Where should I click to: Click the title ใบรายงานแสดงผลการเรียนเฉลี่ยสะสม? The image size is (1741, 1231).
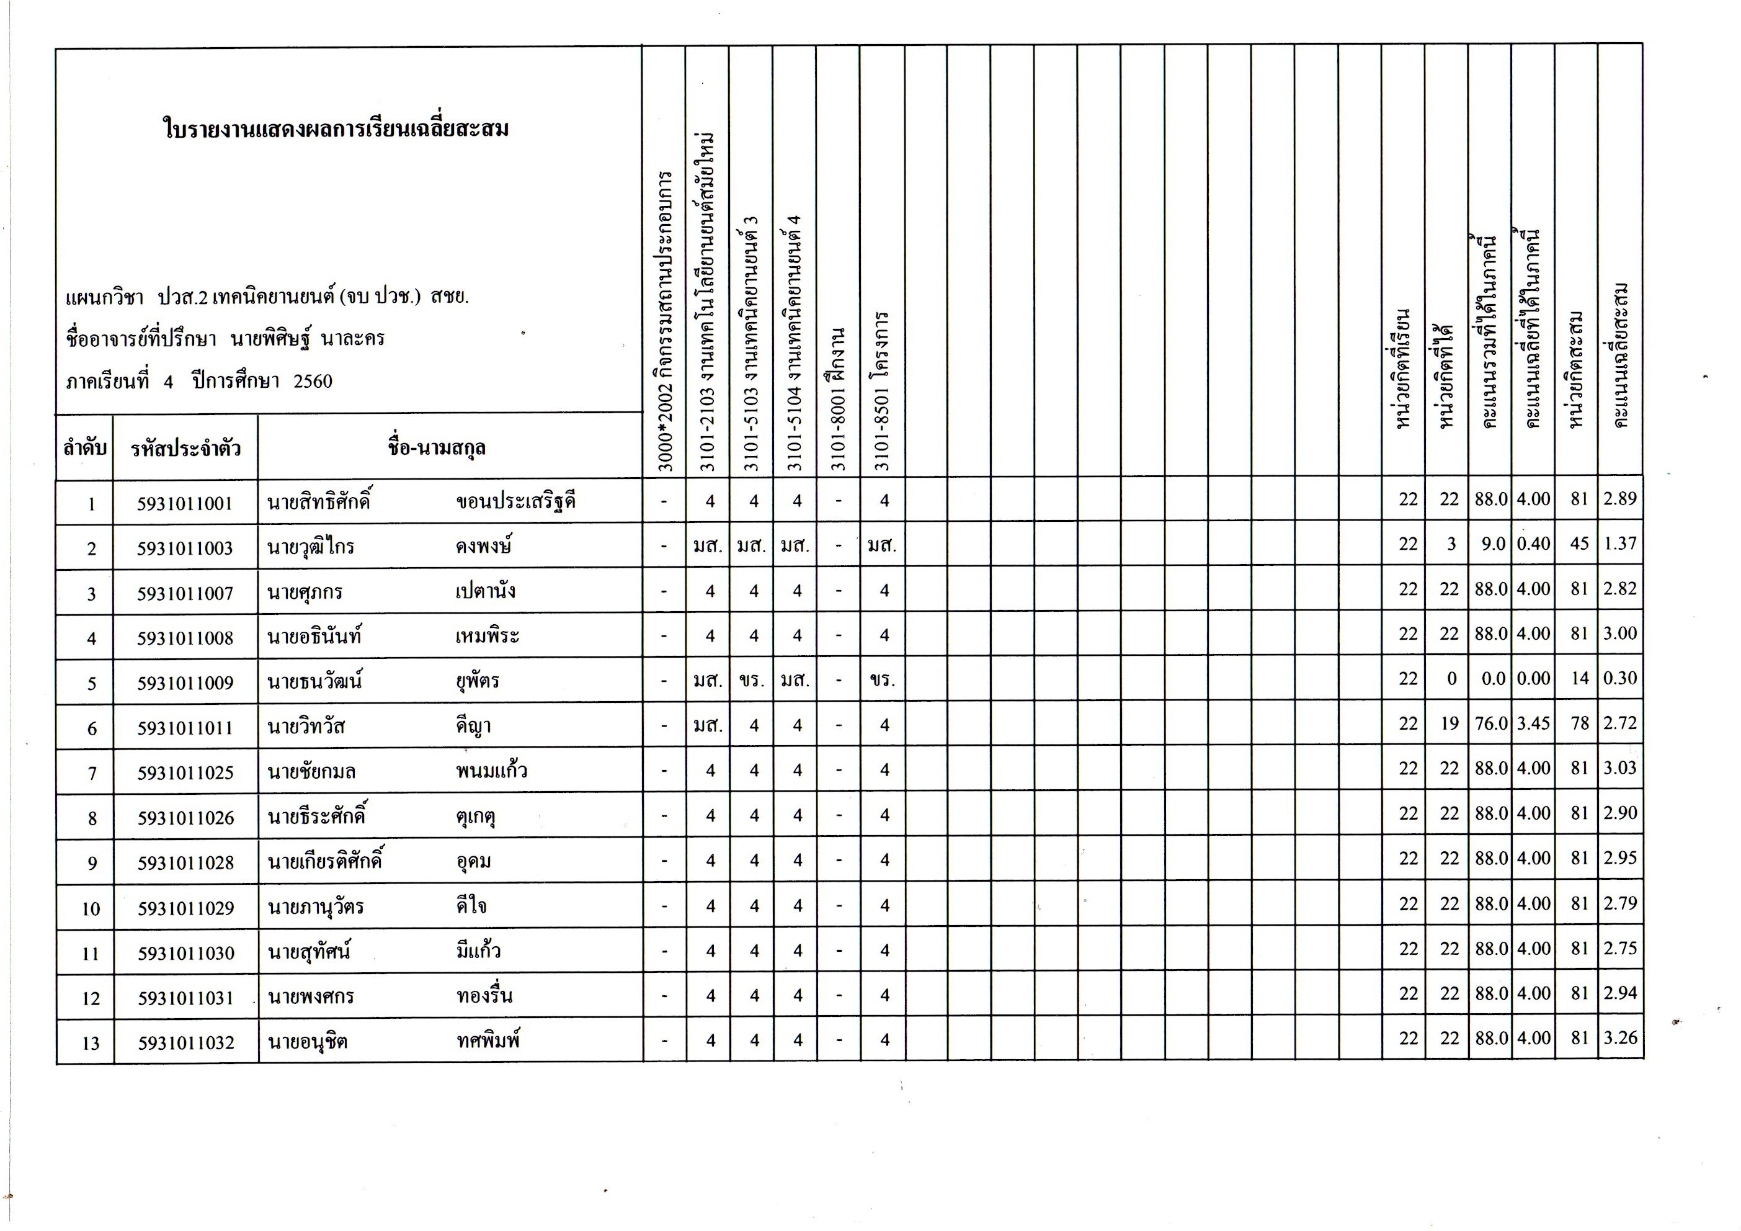[336, 129]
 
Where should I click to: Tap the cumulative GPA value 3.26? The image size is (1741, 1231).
[1619, 1037]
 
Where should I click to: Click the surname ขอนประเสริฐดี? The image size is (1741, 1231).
[515, 501]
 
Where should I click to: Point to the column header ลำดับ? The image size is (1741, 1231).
[85, 448]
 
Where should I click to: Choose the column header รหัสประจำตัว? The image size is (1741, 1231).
[185, 448]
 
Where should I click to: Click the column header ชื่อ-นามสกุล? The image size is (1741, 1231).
[436, 447]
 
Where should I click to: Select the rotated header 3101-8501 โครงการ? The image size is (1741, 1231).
[882, 391]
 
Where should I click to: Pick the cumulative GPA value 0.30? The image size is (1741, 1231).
[1619, 678]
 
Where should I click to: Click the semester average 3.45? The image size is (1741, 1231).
[1533, 723]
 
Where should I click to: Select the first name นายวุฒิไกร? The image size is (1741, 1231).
[310, 547]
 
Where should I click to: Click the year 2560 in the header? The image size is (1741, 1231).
[313, 381]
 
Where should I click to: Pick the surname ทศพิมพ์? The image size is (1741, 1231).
[488, 1041]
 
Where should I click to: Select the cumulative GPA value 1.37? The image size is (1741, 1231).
[1619, 544]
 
